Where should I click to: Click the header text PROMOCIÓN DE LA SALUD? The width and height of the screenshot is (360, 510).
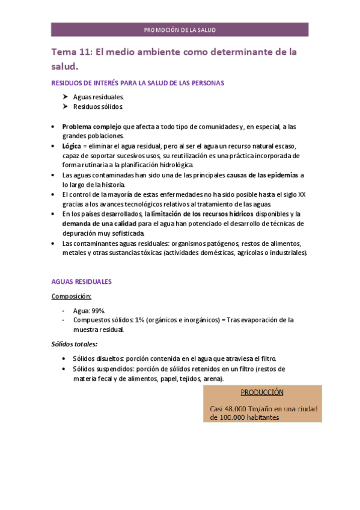tap(180, 29)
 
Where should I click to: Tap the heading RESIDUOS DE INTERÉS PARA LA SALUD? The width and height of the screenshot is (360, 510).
tap(138, 83)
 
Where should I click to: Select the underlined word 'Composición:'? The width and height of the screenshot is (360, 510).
tap(72, 296)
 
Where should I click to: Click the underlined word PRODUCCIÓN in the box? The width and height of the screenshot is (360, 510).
tap(262, 392)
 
